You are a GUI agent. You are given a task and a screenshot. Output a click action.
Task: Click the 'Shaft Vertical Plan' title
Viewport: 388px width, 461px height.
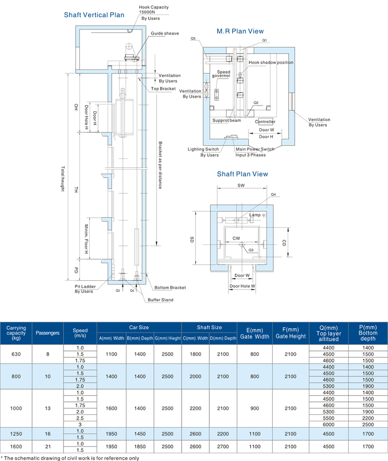[94, 15]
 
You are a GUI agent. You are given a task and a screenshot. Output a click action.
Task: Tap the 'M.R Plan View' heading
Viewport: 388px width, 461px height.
[240, 32]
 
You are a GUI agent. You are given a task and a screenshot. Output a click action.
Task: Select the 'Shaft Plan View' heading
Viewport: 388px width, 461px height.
[242, 174]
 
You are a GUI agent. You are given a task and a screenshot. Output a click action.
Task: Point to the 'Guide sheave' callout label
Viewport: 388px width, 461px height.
[164, 33]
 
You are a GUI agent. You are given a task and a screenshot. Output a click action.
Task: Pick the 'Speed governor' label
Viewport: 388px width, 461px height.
[224, 74]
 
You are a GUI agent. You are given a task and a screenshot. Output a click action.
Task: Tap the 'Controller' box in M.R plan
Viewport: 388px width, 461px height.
[266, 122]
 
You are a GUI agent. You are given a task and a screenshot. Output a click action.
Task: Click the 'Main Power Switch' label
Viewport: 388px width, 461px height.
[255, 149]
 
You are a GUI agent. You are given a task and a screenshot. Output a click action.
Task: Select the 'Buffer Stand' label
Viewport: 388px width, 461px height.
[161, 300]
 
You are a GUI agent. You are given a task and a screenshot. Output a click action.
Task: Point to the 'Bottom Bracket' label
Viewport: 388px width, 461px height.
[170, 288]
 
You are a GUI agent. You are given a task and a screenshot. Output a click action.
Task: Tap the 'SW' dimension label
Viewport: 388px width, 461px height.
[241, 186]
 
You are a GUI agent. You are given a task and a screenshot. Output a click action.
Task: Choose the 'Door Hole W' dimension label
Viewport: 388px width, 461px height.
[242, 286]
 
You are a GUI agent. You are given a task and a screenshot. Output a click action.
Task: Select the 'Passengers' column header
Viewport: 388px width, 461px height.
[48, 333]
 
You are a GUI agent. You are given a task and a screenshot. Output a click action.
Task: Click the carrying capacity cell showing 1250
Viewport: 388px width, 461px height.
[16, 433]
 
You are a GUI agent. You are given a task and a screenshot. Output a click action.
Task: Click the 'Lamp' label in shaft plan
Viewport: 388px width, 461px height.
[255, 214]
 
